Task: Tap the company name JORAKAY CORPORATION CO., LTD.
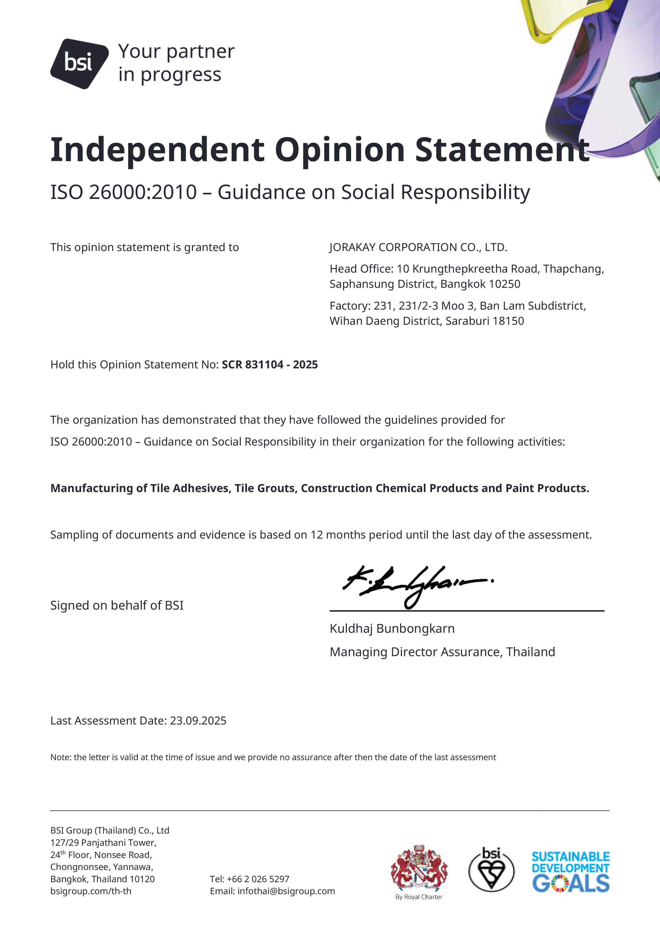tap(418, 247)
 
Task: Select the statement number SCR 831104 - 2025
tap(269, 365)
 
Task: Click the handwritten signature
tap(417, 585)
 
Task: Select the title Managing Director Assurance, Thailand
tap(442, 652)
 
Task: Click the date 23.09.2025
tap(198, 720)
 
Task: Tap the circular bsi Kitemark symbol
tap(491, 870)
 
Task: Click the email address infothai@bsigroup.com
tap(286, 891)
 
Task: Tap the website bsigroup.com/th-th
tap(91, 891)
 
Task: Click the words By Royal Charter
tap(419, 897)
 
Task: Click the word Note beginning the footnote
tap(60, 757)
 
